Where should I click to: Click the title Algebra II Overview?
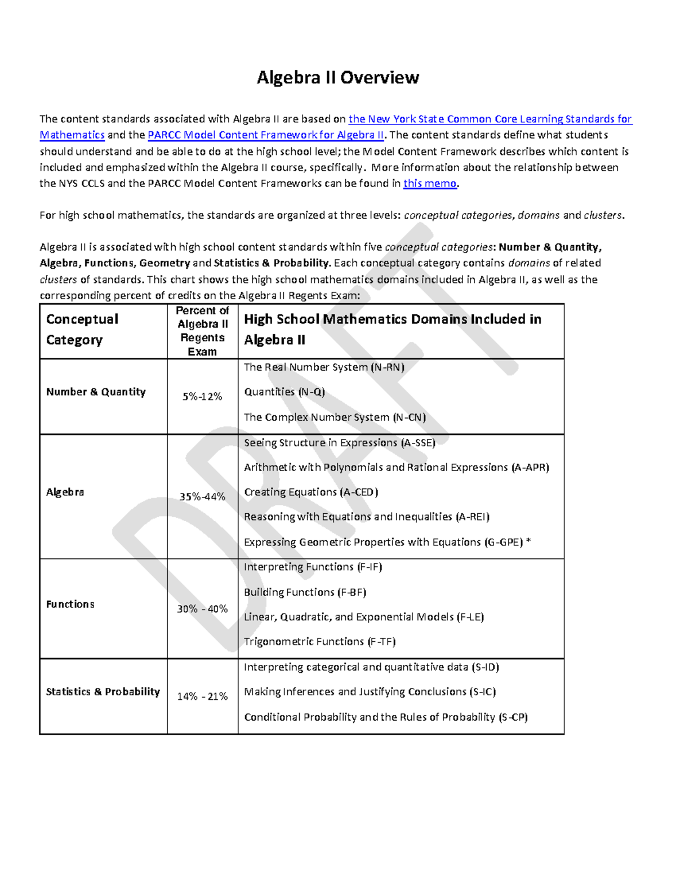coord(337,78)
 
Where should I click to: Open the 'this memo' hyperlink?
coord(430,184)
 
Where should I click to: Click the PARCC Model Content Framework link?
coord(266,135)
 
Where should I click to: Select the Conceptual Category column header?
coord(82,330)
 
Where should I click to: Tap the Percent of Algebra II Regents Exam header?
coord(202,331)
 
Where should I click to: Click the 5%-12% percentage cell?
coord(202,397)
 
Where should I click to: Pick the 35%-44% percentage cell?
coord(202,496)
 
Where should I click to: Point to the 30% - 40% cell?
coord(202,608)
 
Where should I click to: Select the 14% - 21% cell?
coord(202,696)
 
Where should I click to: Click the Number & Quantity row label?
coord(96,392)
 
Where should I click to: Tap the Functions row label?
coord(70,604)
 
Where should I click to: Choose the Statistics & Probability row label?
coord(103,692)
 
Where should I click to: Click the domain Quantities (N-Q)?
coord(284,392)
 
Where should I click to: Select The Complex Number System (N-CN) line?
coord(335,417)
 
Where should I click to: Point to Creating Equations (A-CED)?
coord(311,492)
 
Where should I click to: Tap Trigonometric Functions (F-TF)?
coord(319,642)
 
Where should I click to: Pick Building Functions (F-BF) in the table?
coord(305,592)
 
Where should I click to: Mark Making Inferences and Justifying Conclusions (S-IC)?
coord(370,692)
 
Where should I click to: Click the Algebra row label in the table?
coord(65,492)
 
